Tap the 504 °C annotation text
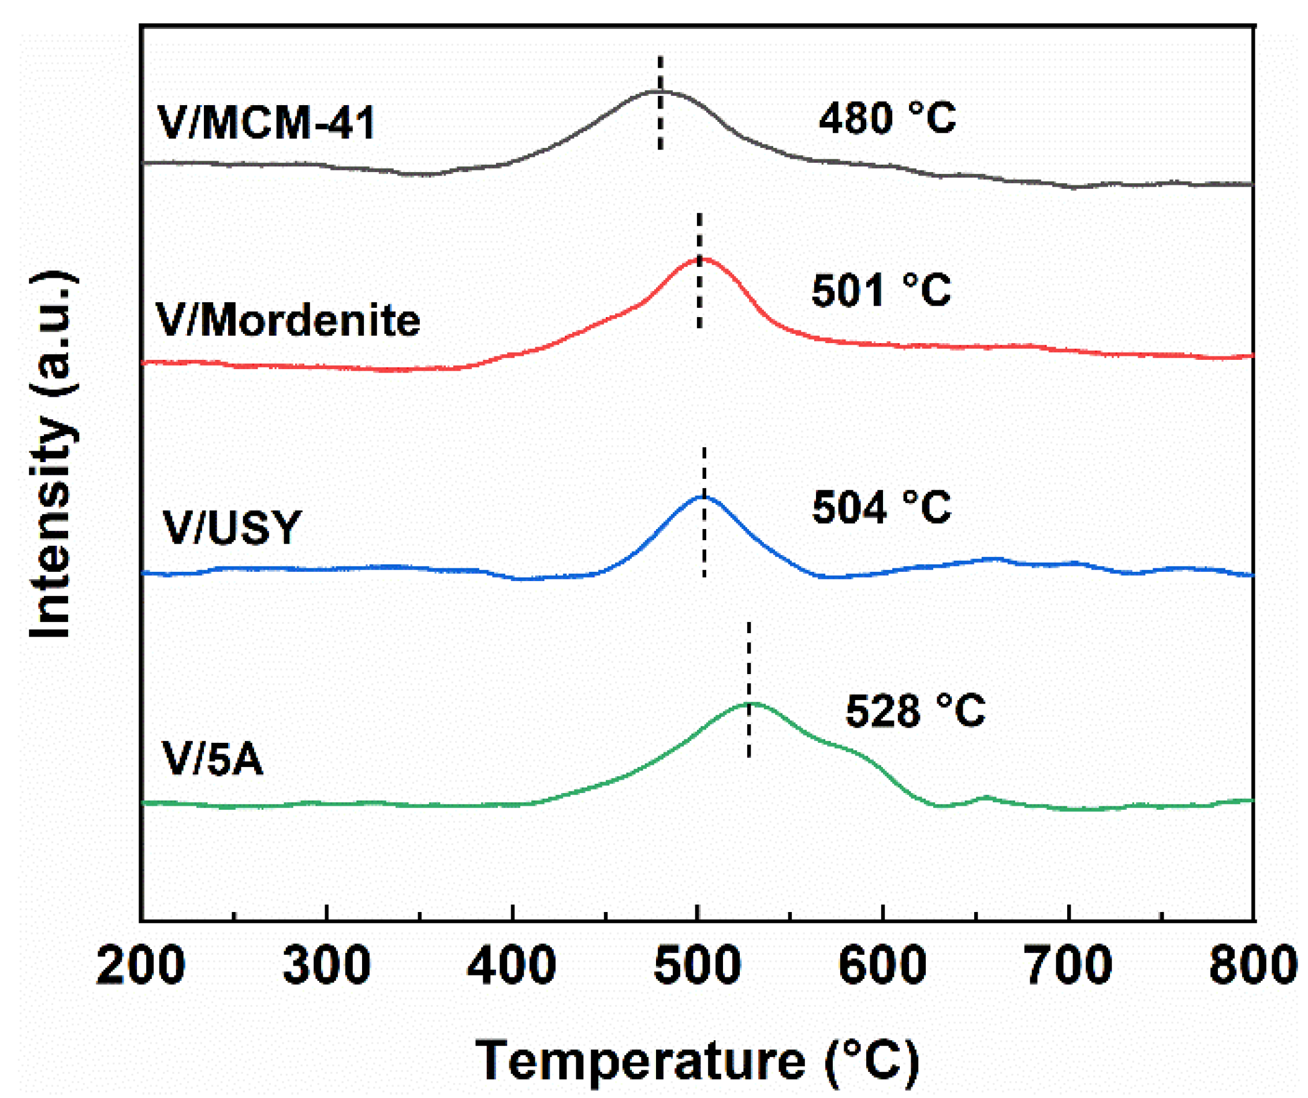point(881,507)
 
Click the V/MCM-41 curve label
point(266,122)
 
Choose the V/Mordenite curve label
point(288,321)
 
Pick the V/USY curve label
point(232,528)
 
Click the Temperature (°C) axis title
point(697,1060)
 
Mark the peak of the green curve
point(751,703)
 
